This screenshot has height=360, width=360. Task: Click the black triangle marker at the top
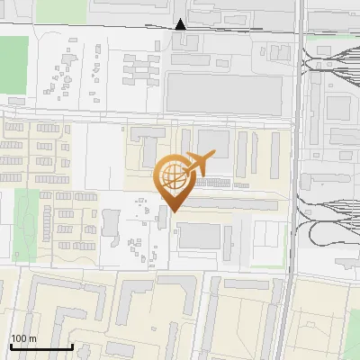coord(181,24)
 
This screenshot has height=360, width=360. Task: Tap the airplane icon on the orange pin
coord(199,164)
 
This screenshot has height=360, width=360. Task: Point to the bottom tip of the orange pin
coord(173,211)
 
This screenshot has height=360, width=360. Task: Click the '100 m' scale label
coord(23,338)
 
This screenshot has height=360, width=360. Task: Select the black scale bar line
coord(41,346)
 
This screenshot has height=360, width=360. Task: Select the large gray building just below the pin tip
coord(200,236)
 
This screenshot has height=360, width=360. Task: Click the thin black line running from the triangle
coord(234,29)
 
